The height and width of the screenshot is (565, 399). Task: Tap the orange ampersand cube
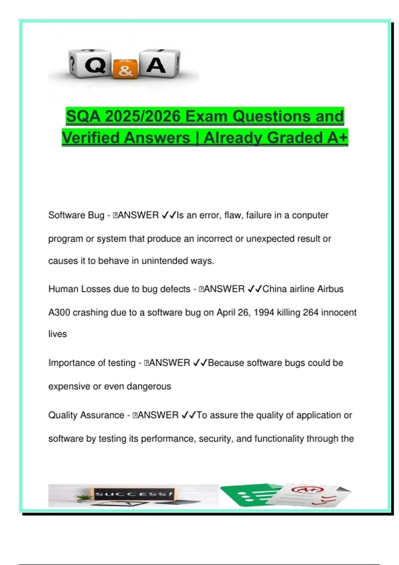tap(125, 69)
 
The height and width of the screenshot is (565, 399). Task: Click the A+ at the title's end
tap(337, 138)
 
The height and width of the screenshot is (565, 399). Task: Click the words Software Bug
tap(76, 215)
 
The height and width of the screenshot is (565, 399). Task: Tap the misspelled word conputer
tap(310, 215)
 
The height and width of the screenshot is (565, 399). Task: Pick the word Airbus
tap(330, 289)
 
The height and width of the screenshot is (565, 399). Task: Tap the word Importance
tap(68, 363)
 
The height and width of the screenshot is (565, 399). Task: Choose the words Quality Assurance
tap(86, 415)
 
